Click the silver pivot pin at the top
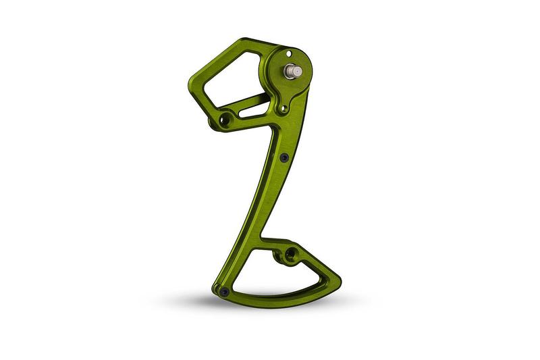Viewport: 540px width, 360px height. [x=294, y=70]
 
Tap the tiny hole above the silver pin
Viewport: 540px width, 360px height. [x=288, y=53]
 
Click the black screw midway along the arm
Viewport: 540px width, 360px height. [x=284, y=157]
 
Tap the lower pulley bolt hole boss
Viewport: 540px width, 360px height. [x=290, y=254]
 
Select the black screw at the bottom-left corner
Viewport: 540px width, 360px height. [x=224, y=292]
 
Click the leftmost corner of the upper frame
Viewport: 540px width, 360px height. [x=189, y=85]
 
